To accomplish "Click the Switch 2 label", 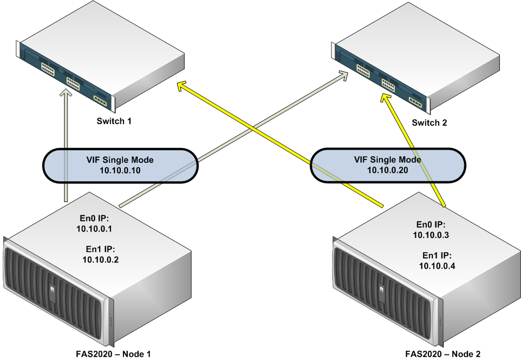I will tap(429, 123).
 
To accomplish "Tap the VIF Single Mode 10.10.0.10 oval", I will tap(120, 165).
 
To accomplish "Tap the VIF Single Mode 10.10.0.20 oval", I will tap(388, 165).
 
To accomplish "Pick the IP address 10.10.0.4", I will tap(437, 265).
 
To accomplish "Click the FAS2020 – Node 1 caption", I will tap(113, 354).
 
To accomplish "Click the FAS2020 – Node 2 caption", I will tap(443, 354).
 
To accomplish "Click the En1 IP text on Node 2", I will tap(437, 255).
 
